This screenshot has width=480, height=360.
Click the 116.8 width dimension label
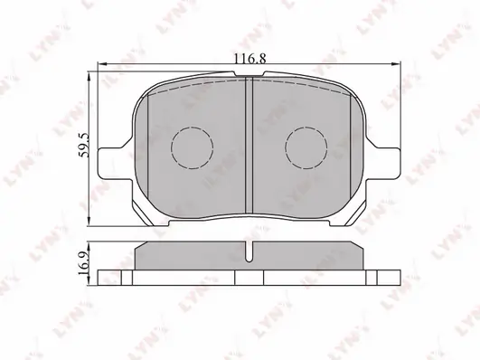click(249, 58)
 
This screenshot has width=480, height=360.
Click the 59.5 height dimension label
click(83, 146)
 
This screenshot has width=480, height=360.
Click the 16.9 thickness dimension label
click(83, 263)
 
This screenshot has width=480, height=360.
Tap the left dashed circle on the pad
click(193, 148)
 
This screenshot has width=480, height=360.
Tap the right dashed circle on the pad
click(306, 147)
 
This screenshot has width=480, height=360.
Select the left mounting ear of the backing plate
click(113, 164)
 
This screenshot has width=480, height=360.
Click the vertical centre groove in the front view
click(249, 146)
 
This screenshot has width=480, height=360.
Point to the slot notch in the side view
click(249, 251)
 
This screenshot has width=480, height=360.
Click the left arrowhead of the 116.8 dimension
click(102, 63)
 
